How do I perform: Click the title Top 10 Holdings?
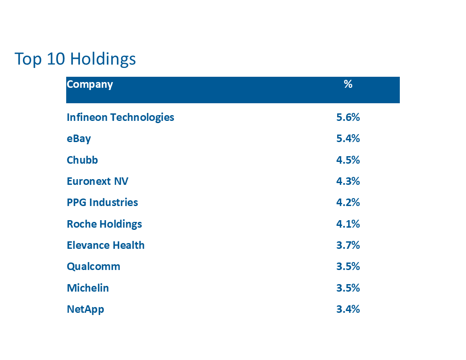tap(75, 59)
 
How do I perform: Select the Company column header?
tap(90, 85)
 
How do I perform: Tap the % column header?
tap(348, 84)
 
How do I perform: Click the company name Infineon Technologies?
tap(120, 118)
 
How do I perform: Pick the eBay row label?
tap(79, 139)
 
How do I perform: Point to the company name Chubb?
tap(83, 160)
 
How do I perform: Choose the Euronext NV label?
tap(98, 181)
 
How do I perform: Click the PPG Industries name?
tap(102, 202)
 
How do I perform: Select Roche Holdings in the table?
tap(104, 224)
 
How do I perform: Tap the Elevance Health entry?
tap(105, 245)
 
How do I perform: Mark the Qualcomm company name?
tap(93, 267)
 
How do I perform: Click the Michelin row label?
tap(88, 288)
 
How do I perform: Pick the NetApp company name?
tap(85, 310)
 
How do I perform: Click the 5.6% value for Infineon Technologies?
tap(348, 117)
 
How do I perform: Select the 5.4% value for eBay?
tap(348, 139)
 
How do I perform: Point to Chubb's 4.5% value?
tap(348, 160)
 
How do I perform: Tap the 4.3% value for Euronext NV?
tap(348, 181)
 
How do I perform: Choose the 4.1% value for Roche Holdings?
tap(348, 224)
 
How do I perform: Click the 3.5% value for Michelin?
tap(348, 288)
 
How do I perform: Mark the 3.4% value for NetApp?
tap(348, 309)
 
